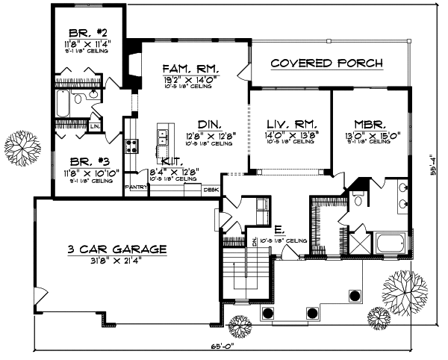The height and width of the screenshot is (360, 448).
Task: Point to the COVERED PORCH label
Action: pos(326,63)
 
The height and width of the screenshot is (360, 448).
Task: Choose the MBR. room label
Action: pos(369,124)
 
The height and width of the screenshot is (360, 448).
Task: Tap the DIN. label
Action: pos(206,124)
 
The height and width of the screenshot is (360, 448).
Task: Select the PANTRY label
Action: pos(136,187)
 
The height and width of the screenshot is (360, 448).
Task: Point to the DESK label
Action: pos(211,190)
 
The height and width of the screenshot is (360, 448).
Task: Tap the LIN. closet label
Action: pos(95,127)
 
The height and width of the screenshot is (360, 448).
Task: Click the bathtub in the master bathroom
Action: pos(391,243)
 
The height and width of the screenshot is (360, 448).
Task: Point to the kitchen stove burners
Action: pos(131,144)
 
